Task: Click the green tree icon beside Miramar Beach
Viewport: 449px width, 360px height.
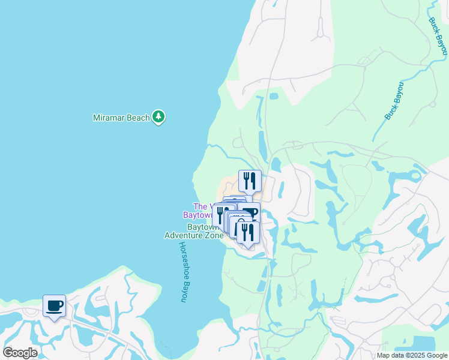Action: (x=158, y=117)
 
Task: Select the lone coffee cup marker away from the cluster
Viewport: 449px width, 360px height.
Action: (x=54, y=306)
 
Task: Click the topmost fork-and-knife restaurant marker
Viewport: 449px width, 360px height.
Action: (x=249, y=180)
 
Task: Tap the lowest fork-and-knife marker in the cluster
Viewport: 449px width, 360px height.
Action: (x=247, y=233)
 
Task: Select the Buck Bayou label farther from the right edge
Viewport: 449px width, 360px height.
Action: (x=396, y=101)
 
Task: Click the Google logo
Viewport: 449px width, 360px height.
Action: (x=20, y=353)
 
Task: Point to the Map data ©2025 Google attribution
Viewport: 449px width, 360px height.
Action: (x=411, y=355)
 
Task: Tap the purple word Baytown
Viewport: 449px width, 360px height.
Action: (x=197, y=214)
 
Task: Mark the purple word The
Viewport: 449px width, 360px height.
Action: (x=199, y=206)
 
